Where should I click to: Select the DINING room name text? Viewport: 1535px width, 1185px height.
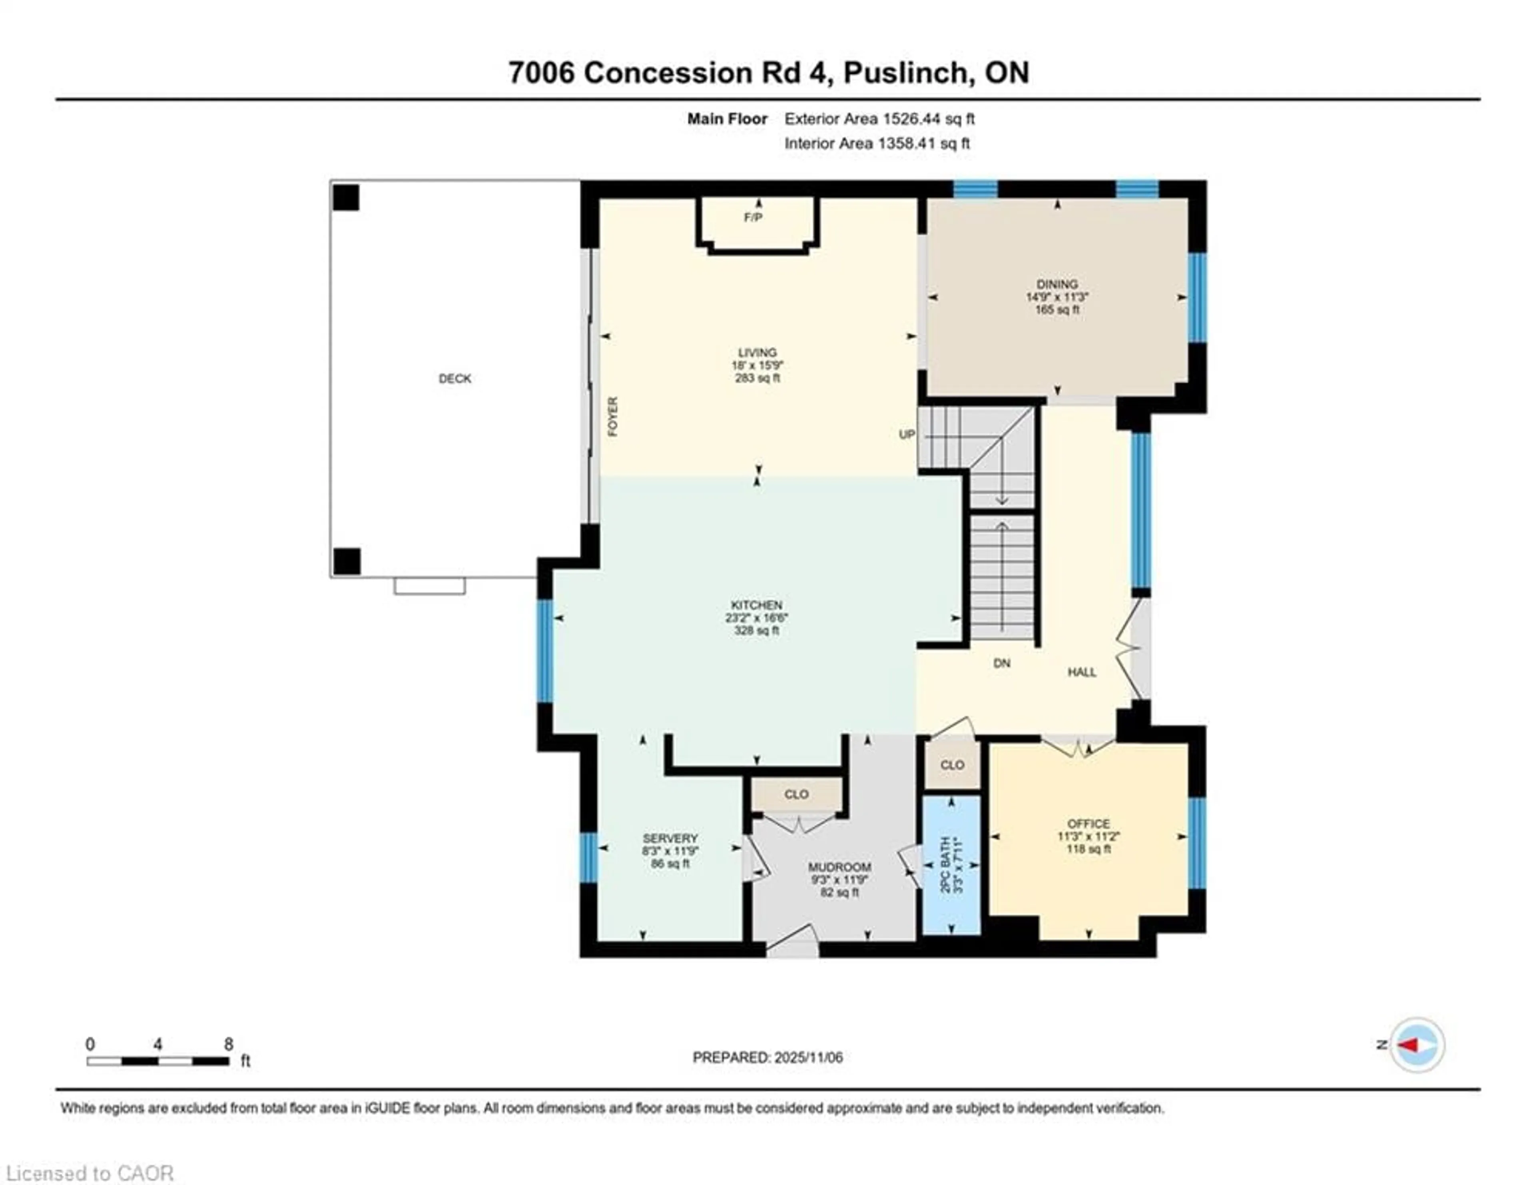pos(1057,284)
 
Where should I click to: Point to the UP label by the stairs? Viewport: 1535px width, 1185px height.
pos(907,434)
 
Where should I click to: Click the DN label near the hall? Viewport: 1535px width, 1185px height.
pos(1001,663)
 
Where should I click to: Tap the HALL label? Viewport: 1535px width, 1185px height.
pos(1082,672)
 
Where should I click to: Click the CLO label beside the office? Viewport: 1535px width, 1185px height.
pos(952,765)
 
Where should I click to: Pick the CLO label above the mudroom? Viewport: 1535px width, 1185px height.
pos(796,794)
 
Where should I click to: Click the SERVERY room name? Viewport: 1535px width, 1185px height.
pos(670,838)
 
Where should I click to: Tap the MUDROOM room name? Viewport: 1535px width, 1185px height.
pos(839,867)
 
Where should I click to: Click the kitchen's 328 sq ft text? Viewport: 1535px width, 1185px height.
pos(756,630)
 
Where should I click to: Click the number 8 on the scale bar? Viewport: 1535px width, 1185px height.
pos(228,1044)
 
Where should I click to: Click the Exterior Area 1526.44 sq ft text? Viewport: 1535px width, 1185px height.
pos(879,119)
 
